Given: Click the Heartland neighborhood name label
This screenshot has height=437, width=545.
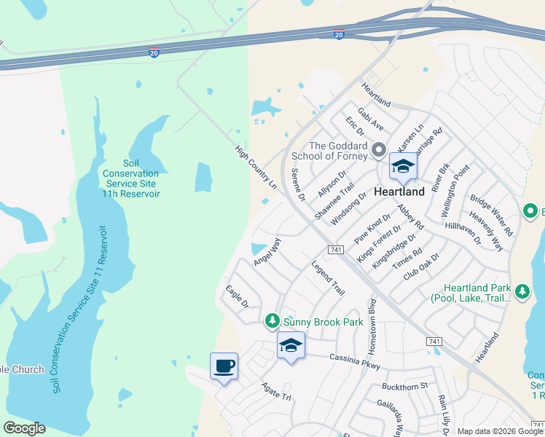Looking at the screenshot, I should tap(399, 192).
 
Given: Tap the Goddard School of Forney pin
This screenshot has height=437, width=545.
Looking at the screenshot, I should tap(378, 151).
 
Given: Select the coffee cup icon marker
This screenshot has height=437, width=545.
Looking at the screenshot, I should tap(224, 366).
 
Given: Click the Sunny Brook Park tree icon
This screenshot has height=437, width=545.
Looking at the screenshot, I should tap(272, 320).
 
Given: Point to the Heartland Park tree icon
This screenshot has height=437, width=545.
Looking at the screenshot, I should tap(522, 292).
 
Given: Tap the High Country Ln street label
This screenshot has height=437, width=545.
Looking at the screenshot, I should tap(256, 167).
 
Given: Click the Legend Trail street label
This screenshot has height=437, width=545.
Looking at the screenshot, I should tap(327, 277).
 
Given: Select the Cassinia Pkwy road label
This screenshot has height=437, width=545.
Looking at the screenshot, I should tap(355, 358).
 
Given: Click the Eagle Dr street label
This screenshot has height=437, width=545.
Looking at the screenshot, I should tap(237, 296).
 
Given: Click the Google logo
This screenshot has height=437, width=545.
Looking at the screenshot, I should tap(24, 428).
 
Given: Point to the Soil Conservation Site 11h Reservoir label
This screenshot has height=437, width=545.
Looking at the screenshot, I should tap(130, 178).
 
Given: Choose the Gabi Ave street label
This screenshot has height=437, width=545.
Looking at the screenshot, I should tap(370, 119).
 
